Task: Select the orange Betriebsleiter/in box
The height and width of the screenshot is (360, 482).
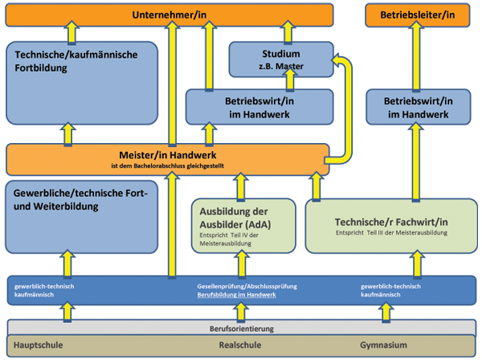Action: point(417,14)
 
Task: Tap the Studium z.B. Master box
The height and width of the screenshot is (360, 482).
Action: point(280,59)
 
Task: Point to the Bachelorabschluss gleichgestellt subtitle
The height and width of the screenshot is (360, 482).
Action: point(167,166)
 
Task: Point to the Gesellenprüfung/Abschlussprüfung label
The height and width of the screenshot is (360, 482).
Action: point(239,286)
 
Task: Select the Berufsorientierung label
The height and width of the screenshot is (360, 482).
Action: point(240,329)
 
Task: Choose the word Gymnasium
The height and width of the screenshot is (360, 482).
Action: point(384,345)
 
